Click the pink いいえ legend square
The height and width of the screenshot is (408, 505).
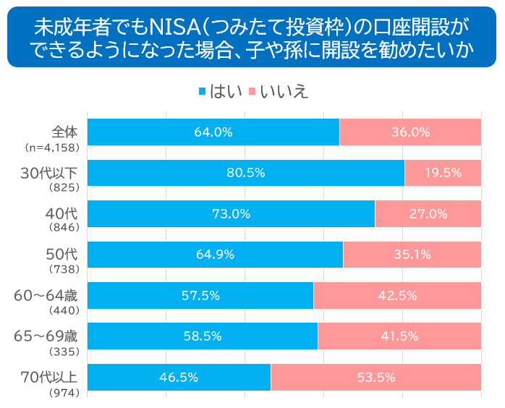click(x=252, y=93)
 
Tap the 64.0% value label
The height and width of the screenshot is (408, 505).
click(x=213, y=132)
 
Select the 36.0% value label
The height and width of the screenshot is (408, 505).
click(x=410, y=132)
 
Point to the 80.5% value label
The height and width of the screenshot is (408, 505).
click(x=246, y=173)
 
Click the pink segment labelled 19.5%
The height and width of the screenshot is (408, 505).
click(x=443, y=173)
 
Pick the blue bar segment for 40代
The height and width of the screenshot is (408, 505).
click(x=231, y=214)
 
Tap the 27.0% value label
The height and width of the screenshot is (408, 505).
click(x=428, y=214)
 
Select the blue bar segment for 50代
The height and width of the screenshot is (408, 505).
click(x=215, y=255)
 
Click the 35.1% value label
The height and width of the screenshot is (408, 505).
click(x=412, y=255)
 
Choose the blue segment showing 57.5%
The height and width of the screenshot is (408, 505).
click(x=200, y=295)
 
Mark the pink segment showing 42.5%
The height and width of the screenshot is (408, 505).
click(x=397, y=295)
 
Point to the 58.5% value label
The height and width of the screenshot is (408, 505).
click(x=202, y=336)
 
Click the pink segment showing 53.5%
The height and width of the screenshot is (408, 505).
click(x=375, y=377)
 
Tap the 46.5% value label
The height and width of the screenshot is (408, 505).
click(x=179, y=377)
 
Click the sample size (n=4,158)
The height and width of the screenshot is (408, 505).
click(x=55, y=148)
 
